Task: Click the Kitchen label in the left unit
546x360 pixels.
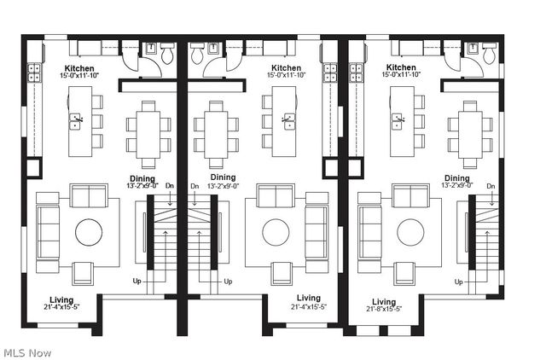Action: [79, 68]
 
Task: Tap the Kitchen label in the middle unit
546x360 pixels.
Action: [286, 68]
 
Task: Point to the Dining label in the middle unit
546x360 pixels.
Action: [223, 177]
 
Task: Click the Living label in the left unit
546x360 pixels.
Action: [61, 299]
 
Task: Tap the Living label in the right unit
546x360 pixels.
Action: [383, 301]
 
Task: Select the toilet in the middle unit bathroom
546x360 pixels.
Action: [197, 54]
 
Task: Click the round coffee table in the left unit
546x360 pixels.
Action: [89, 232]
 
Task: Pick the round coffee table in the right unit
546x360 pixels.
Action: [412, 232]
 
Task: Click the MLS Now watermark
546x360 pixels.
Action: [27, 352]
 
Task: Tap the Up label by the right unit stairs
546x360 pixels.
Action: [459, 282]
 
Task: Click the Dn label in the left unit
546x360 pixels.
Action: [169, 186]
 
